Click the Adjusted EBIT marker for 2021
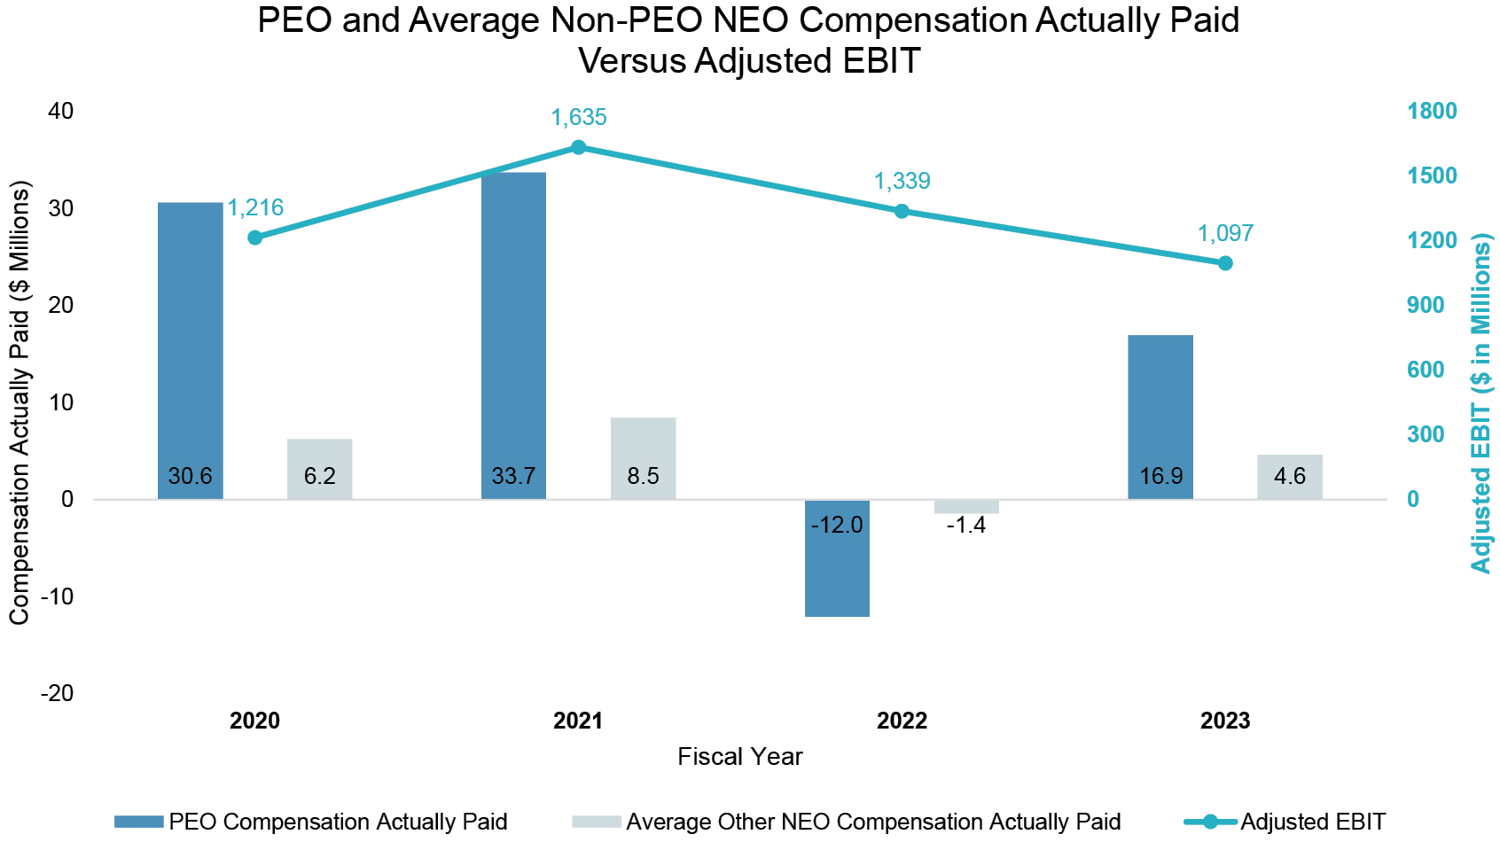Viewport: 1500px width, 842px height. click(578, 147)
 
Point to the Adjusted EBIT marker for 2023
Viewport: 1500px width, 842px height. click(1225, 263)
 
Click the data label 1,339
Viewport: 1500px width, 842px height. click(902, 182)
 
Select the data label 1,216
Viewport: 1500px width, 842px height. click(255, 208)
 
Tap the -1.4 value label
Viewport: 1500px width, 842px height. click(965, 526)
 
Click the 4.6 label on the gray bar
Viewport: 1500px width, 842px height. click(1289, 477)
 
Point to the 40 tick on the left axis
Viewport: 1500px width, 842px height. click(61, 112)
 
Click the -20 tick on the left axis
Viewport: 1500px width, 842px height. click(57, 694)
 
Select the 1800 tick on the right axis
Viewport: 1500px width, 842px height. click(1432, 112)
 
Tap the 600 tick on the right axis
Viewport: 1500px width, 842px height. click(1426, 370)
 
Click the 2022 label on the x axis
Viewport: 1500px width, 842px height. click(902, 721)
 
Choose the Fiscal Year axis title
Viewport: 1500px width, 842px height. click(739, 757)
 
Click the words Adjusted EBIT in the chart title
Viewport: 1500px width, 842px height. click(808, 61)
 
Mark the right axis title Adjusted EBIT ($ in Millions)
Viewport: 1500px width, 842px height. click(1480, 403)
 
